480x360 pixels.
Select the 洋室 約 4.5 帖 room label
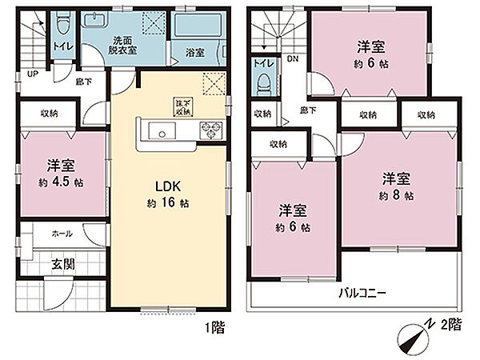(60, 174)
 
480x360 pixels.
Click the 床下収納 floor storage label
(182, 104)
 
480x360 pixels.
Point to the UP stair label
(33, 74)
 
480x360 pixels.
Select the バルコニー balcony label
(362, 294)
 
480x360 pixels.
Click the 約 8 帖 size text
(397, 195)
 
